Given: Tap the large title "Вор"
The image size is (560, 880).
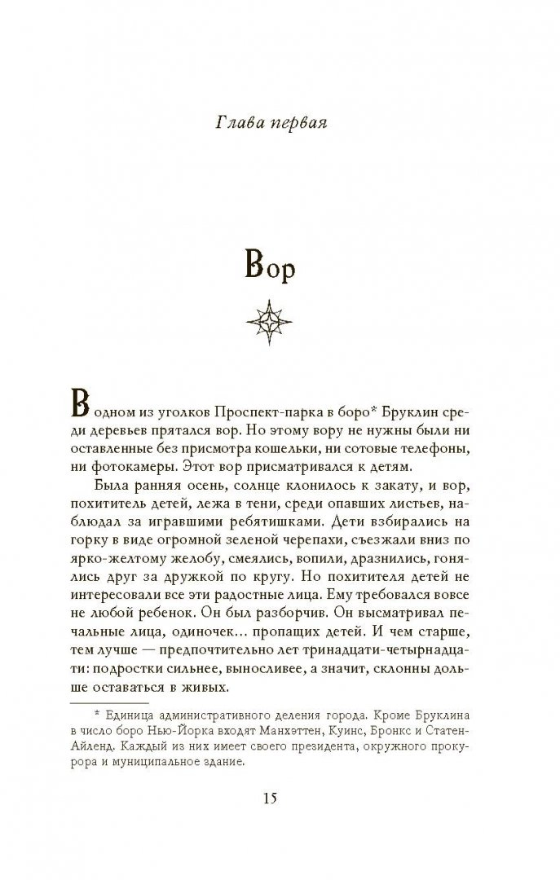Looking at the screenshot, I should (280, 266).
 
